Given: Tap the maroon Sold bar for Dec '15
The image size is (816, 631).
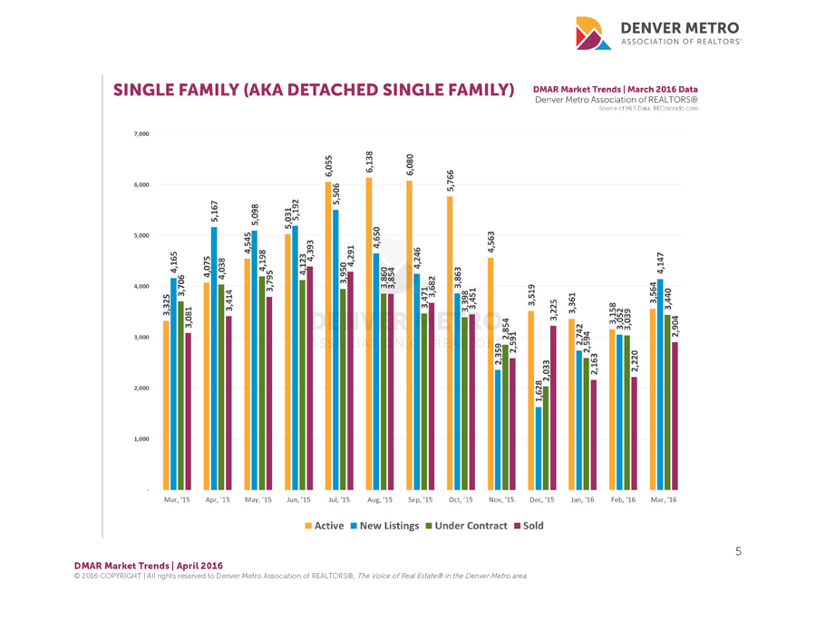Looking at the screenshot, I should pyautogui.click(x=554, y=408).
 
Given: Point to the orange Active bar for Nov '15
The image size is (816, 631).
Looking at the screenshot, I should pyautogui.click(x=491, y=373).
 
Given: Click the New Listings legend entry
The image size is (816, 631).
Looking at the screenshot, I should pyautogui.click(x=391, y=526).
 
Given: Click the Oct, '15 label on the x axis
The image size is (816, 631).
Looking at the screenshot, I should pyautogui.click(x=461, y=500).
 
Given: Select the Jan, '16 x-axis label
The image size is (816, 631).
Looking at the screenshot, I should pyautogui.click(x=582, y=500).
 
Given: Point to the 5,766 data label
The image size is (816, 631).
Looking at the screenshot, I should pyautogui.click(x=451, y=181).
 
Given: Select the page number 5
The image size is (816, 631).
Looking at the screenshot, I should pyautogui.click(x=739, y=550).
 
